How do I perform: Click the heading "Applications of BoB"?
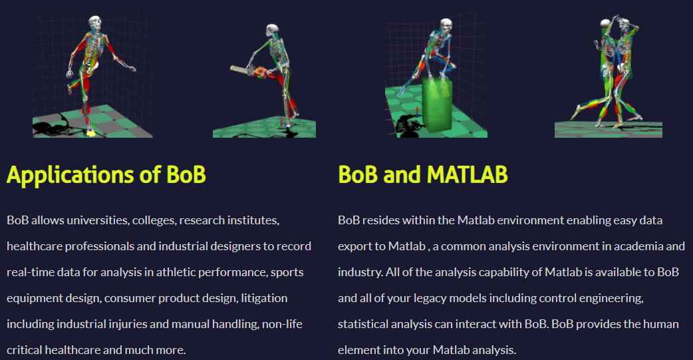[106, 175]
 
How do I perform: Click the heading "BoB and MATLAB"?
[422, 174]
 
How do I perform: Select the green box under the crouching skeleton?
[437, 105]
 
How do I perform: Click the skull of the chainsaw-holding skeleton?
[272, 30]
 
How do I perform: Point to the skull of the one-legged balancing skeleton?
[94, 23]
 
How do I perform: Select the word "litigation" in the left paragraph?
[264, 299]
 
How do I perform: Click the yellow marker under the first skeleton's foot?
[91, 130]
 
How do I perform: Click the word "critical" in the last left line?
[25, 350]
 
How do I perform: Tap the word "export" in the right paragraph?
[354, 247]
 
